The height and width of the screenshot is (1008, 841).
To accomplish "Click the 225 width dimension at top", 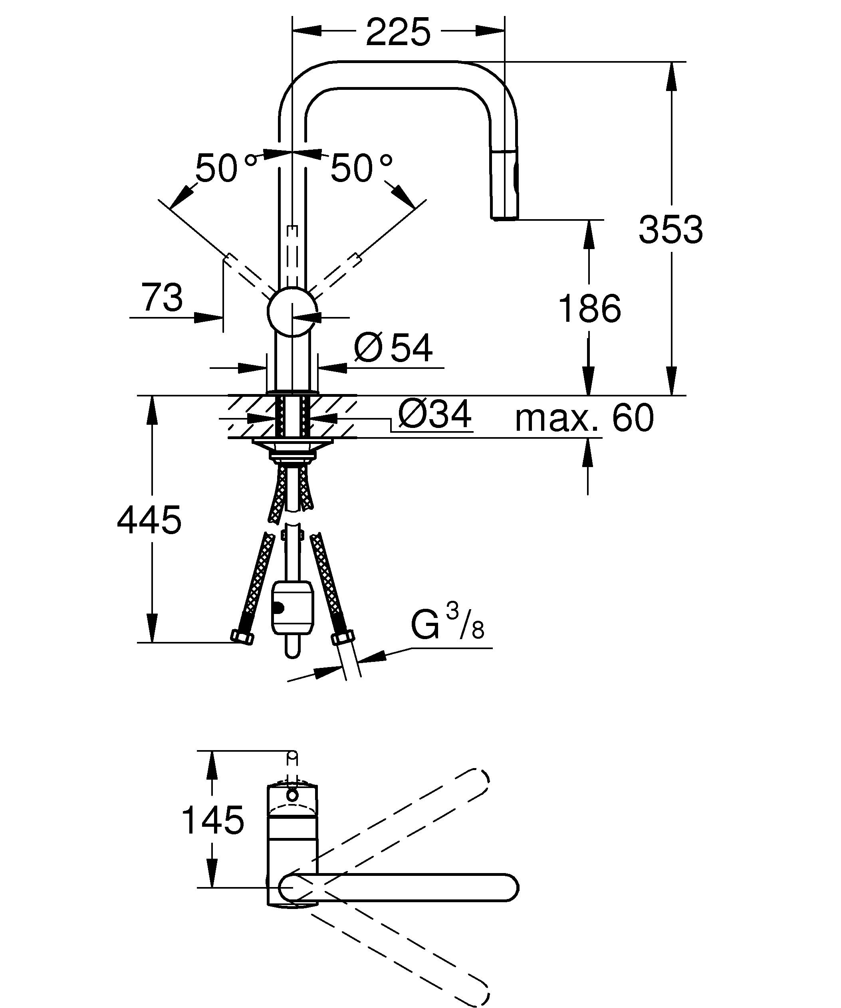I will point(398,33).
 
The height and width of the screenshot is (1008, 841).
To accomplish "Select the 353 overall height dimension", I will point(670,230).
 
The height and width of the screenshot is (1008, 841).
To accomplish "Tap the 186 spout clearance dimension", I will point(589,309).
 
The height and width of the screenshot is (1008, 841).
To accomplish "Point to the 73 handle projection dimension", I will point(162,297).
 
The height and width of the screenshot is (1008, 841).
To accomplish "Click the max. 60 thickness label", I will point(584,418).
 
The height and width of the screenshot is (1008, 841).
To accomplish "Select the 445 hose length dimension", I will point(149,520).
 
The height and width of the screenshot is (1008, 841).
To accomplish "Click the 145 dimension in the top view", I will point(213,821).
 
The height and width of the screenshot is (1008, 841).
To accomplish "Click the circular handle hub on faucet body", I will point(292,311).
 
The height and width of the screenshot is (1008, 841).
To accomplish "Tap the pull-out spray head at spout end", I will point(504,185).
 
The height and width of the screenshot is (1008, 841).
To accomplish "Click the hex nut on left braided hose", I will point(242,638).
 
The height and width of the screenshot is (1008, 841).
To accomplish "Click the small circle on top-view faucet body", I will point(292,795).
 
